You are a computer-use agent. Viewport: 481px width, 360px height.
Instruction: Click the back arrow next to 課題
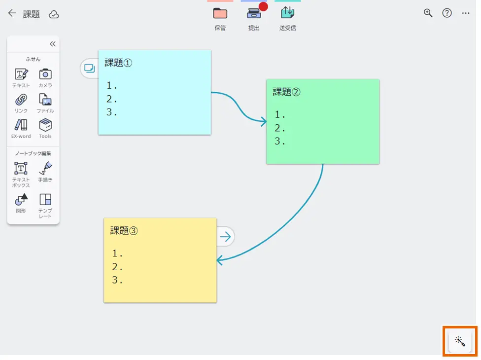(12, 14)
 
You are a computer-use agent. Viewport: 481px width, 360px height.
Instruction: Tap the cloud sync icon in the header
(54, 14)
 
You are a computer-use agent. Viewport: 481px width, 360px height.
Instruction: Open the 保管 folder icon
(220, 13)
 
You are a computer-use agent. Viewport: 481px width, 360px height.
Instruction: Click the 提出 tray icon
(254, 13)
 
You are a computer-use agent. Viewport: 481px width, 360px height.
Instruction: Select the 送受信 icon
(287, 13)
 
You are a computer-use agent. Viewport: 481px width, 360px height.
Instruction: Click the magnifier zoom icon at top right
(428, 13)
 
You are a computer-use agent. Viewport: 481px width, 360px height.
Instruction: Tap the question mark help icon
(447, 13)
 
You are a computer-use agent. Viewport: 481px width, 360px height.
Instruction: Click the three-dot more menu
(466, 13)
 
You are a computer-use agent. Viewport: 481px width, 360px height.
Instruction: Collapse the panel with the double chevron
(52, 44)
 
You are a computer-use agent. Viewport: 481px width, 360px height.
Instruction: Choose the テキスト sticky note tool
(21, 74)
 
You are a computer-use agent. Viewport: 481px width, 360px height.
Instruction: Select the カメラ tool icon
(45, 74)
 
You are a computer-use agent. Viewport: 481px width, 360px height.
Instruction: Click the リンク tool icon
(21, 100)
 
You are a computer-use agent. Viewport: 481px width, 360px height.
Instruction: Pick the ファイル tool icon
(45, 100)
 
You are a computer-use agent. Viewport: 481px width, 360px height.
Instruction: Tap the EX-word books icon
(21, 125)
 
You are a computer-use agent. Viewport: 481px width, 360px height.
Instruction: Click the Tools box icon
(45, 125)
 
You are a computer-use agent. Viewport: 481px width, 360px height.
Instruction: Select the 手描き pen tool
(45, 169)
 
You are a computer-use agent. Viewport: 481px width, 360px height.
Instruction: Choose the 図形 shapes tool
(21, 200)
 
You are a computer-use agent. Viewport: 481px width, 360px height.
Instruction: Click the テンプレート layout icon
(45, 200)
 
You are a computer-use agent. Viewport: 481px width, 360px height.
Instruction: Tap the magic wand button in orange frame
(460, 341)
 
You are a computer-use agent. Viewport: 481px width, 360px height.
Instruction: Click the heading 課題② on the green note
(286, 92)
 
